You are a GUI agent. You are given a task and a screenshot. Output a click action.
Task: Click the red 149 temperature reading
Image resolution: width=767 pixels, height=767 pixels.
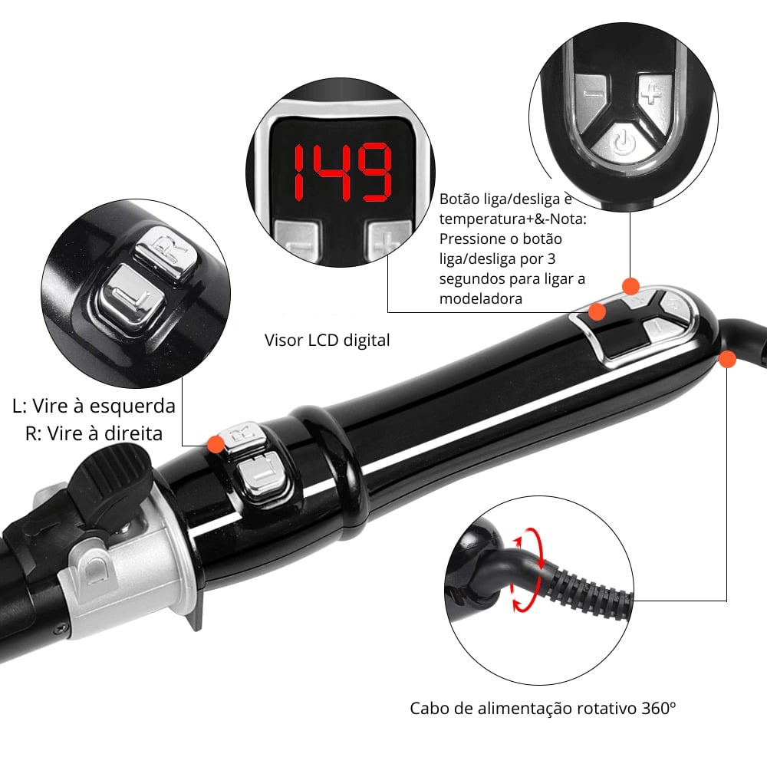click(x=342, y=172)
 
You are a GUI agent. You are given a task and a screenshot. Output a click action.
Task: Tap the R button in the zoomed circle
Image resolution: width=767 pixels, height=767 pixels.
click(x=166, y=252)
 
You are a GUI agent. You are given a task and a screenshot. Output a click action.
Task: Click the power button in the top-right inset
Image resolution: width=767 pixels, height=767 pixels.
click(x=624, y=143)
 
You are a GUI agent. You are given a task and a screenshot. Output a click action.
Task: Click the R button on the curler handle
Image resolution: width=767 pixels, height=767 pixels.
click(x=243, y=436)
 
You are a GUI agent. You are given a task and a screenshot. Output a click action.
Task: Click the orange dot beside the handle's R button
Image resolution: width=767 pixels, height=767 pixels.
click(x=216, y=444)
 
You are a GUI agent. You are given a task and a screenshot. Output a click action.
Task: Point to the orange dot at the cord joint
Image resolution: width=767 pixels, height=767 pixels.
click(x=727, y=359)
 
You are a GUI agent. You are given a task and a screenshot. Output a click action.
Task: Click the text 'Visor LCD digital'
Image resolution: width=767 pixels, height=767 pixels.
click(x=327, y=340)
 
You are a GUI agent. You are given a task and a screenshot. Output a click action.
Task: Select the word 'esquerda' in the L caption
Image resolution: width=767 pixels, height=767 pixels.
click(x=132, y=407)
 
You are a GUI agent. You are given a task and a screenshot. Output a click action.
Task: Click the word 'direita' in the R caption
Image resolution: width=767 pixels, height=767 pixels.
click(x=130, y=434)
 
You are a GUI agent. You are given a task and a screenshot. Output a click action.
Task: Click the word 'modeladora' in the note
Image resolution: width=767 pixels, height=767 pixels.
click(x=480, y=299)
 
